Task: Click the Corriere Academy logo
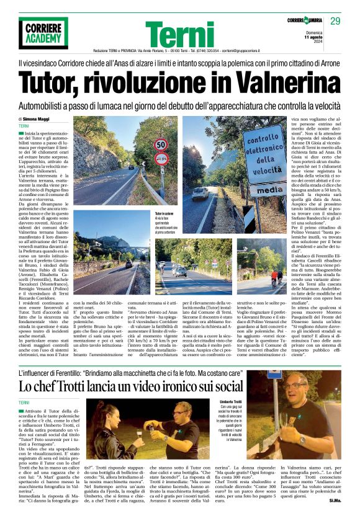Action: [x=42, y=32]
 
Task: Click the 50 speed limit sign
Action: [x=160, y=145]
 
